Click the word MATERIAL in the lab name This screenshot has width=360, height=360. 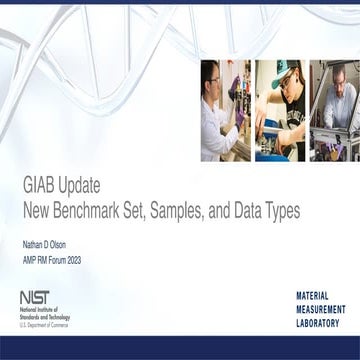click(319, 297)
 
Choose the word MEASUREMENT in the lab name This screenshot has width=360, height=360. click(318, 310)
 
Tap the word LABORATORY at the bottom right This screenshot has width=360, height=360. click(318, 323)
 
